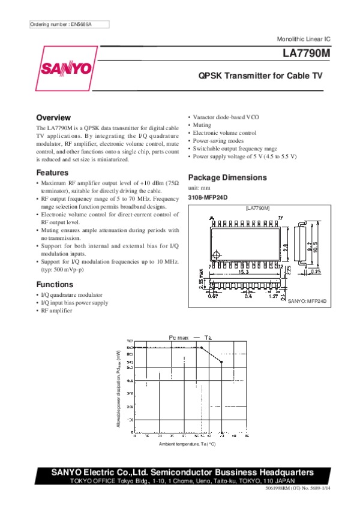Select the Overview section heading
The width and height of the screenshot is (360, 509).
click(53, 118)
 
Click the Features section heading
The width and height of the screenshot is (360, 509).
click(52, 173)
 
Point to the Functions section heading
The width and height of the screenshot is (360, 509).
click(55, 284)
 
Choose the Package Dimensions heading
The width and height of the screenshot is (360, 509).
click(227, 177)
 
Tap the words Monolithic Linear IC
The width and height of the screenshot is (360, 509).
click(304, 38)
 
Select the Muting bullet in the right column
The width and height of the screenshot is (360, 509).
click(202, 125)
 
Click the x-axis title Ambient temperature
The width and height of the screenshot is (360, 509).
click(187, 444)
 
